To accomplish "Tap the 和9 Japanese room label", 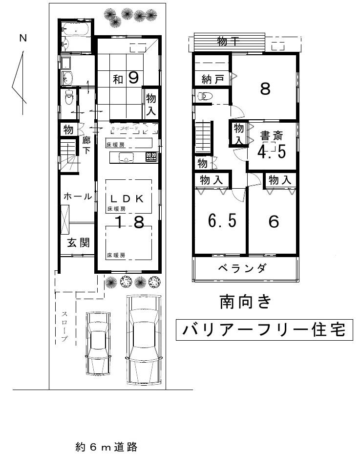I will pyautogui.click(x=126, y=78).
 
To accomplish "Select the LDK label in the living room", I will pyautogui.click(x=126, y=198).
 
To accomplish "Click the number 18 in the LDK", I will pyautogui.click(x=129, y=222).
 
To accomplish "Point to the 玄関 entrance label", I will pyautogui.click(x=78, y=242).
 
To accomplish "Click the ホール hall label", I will pyautogui.click(x=78, y=196).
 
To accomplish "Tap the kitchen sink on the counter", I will pyautogui.click(x=127, y=157).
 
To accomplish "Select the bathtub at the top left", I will pyautogui.click(x=76, y=29).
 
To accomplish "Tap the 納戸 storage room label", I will pyautogui.click(x=213, y=79).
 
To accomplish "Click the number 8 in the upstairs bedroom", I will pyautogui.click(x=265, y=89).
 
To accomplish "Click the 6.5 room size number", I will pyautogui.click(x=222, y=221).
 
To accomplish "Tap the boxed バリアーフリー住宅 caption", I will pyautogui.click(x=263, y=330).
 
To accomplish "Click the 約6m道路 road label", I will pyautogui.click(x=106, y=446).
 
